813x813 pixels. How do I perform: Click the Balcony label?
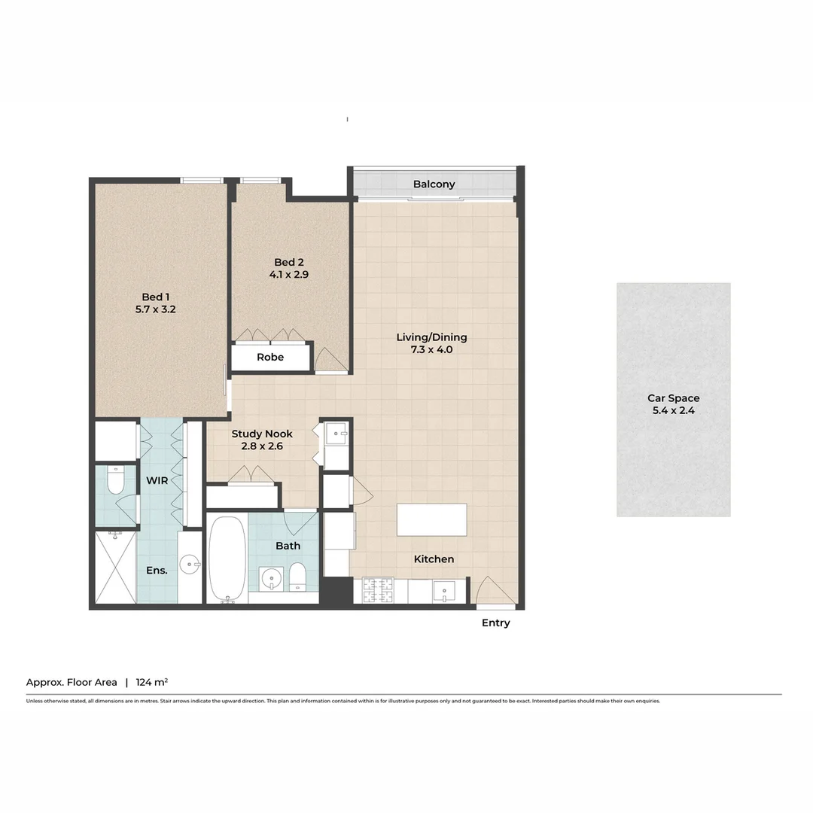point(434,184)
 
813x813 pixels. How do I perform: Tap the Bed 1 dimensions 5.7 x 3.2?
point(156,309)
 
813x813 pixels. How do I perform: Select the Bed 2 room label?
point(288,262)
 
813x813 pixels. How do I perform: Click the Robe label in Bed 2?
point(270,357)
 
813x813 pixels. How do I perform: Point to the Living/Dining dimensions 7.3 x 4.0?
point(431,349)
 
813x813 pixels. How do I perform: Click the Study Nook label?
point(261,434)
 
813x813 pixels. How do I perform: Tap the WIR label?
point(157,480)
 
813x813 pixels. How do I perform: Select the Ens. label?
point(157,571)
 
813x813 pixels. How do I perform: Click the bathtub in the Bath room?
point(226,559)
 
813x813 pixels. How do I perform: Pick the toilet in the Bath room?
point(297,576)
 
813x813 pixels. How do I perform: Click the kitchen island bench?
point(431,519)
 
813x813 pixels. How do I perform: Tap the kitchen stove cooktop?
point(378,590)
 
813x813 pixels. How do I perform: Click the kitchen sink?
point(443,591)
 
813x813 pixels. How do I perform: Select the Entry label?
point(495,623)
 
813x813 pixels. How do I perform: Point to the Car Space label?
point(673,398)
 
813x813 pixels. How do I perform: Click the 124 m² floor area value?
point(151,682)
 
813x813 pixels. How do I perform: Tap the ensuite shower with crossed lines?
point(115,567)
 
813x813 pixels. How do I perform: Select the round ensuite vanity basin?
point(190,561)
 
